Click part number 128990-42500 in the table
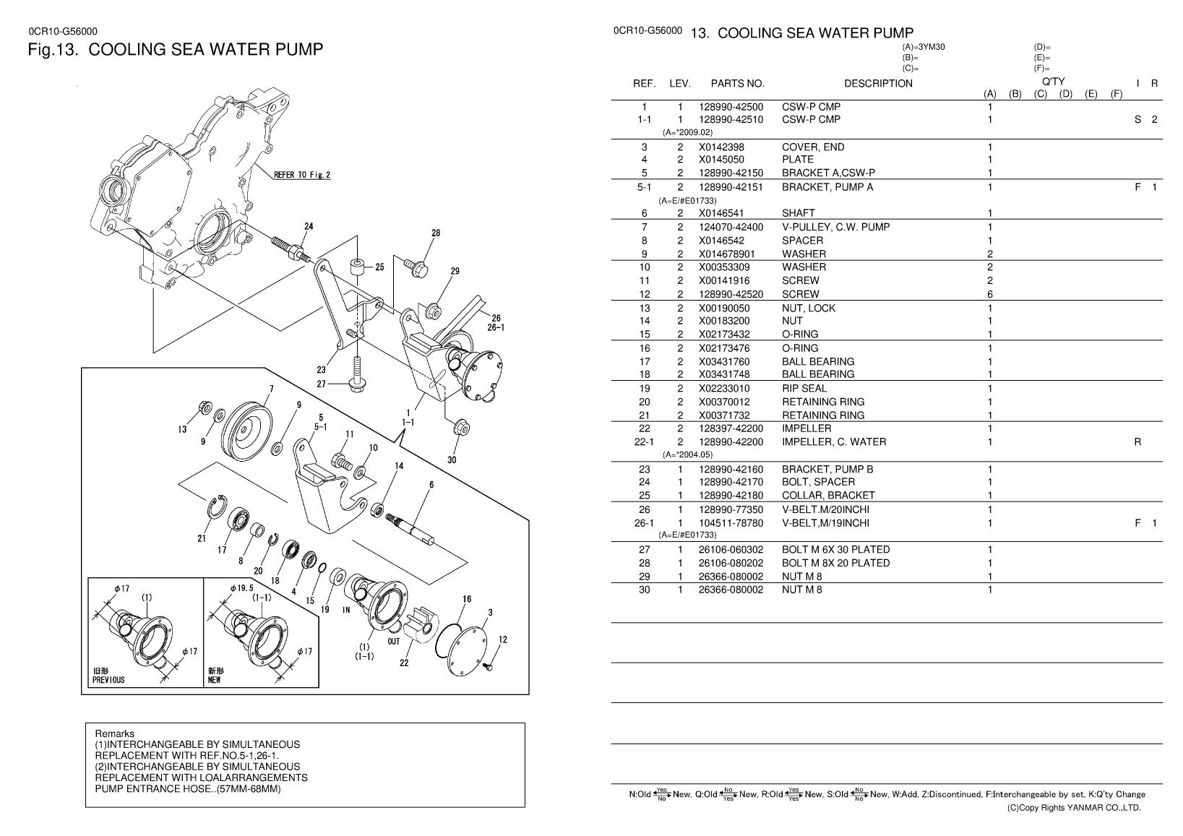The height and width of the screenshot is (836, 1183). (x=731, y=107)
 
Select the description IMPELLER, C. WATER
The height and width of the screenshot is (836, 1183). (x=834, y=442)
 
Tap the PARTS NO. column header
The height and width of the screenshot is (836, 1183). (x=737, y=83)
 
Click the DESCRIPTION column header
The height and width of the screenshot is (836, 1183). (x=878, y=83)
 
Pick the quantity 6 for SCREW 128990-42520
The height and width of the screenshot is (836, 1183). (x=990, y=295)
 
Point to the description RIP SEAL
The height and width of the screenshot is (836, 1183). (x=804, y=389)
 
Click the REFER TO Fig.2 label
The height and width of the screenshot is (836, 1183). (x=302, y=175)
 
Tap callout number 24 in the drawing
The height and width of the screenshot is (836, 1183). (x=309, y=226)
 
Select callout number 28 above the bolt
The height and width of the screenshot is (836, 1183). (x=436, y=233)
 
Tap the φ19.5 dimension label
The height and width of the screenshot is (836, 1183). (x=242, y=587)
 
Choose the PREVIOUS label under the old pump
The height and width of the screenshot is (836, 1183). (x=109, y=680)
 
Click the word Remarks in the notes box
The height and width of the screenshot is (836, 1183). (x=115, y=733)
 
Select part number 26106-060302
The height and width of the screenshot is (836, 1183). (x=731, y=550)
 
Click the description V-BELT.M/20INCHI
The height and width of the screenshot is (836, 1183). (x=825, y=509)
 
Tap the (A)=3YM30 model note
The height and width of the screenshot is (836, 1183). (x=924, y=47)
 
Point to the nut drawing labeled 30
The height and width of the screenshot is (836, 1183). (x=462, y=427)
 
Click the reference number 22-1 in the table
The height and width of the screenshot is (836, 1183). (x=644, y=442)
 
